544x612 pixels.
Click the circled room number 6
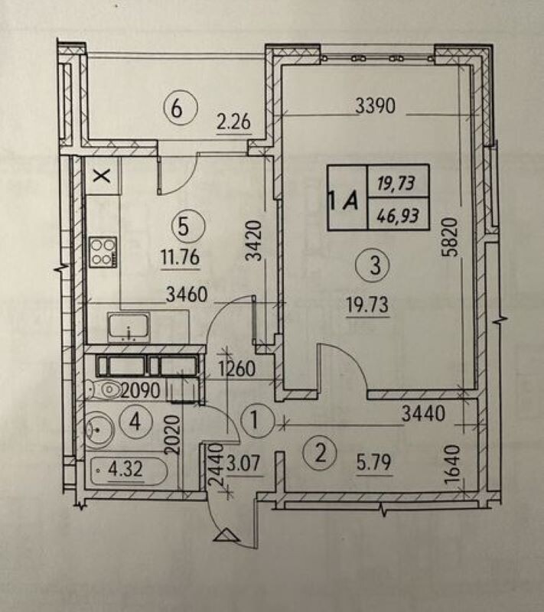click(x=177, y=108)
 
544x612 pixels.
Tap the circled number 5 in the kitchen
click(x=184, y=226)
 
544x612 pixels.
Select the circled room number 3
click(x=373, y=265)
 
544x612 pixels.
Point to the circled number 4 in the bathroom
click(x=135, y=422)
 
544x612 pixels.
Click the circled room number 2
click(x=320, y=454)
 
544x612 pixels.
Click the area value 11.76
click(x=181, y=258)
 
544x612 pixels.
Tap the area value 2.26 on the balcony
click(x=234, y=122)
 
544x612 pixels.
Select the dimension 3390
click(x=376, y=106)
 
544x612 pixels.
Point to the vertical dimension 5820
click(x=449, y=237)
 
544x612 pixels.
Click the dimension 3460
click(x=187, y=295)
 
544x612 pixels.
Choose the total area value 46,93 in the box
click(x=398, y=215)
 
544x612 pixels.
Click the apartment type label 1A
click(x=344, y=200)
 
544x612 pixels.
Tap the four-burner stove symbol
click(x=103, y=252)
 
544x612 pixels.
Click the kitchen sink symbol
click(x=129, y=327)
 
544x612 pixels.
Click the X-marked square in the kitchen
click(x=103, y=176)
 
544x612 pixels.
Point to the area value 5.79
click(x=373, y=463)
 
